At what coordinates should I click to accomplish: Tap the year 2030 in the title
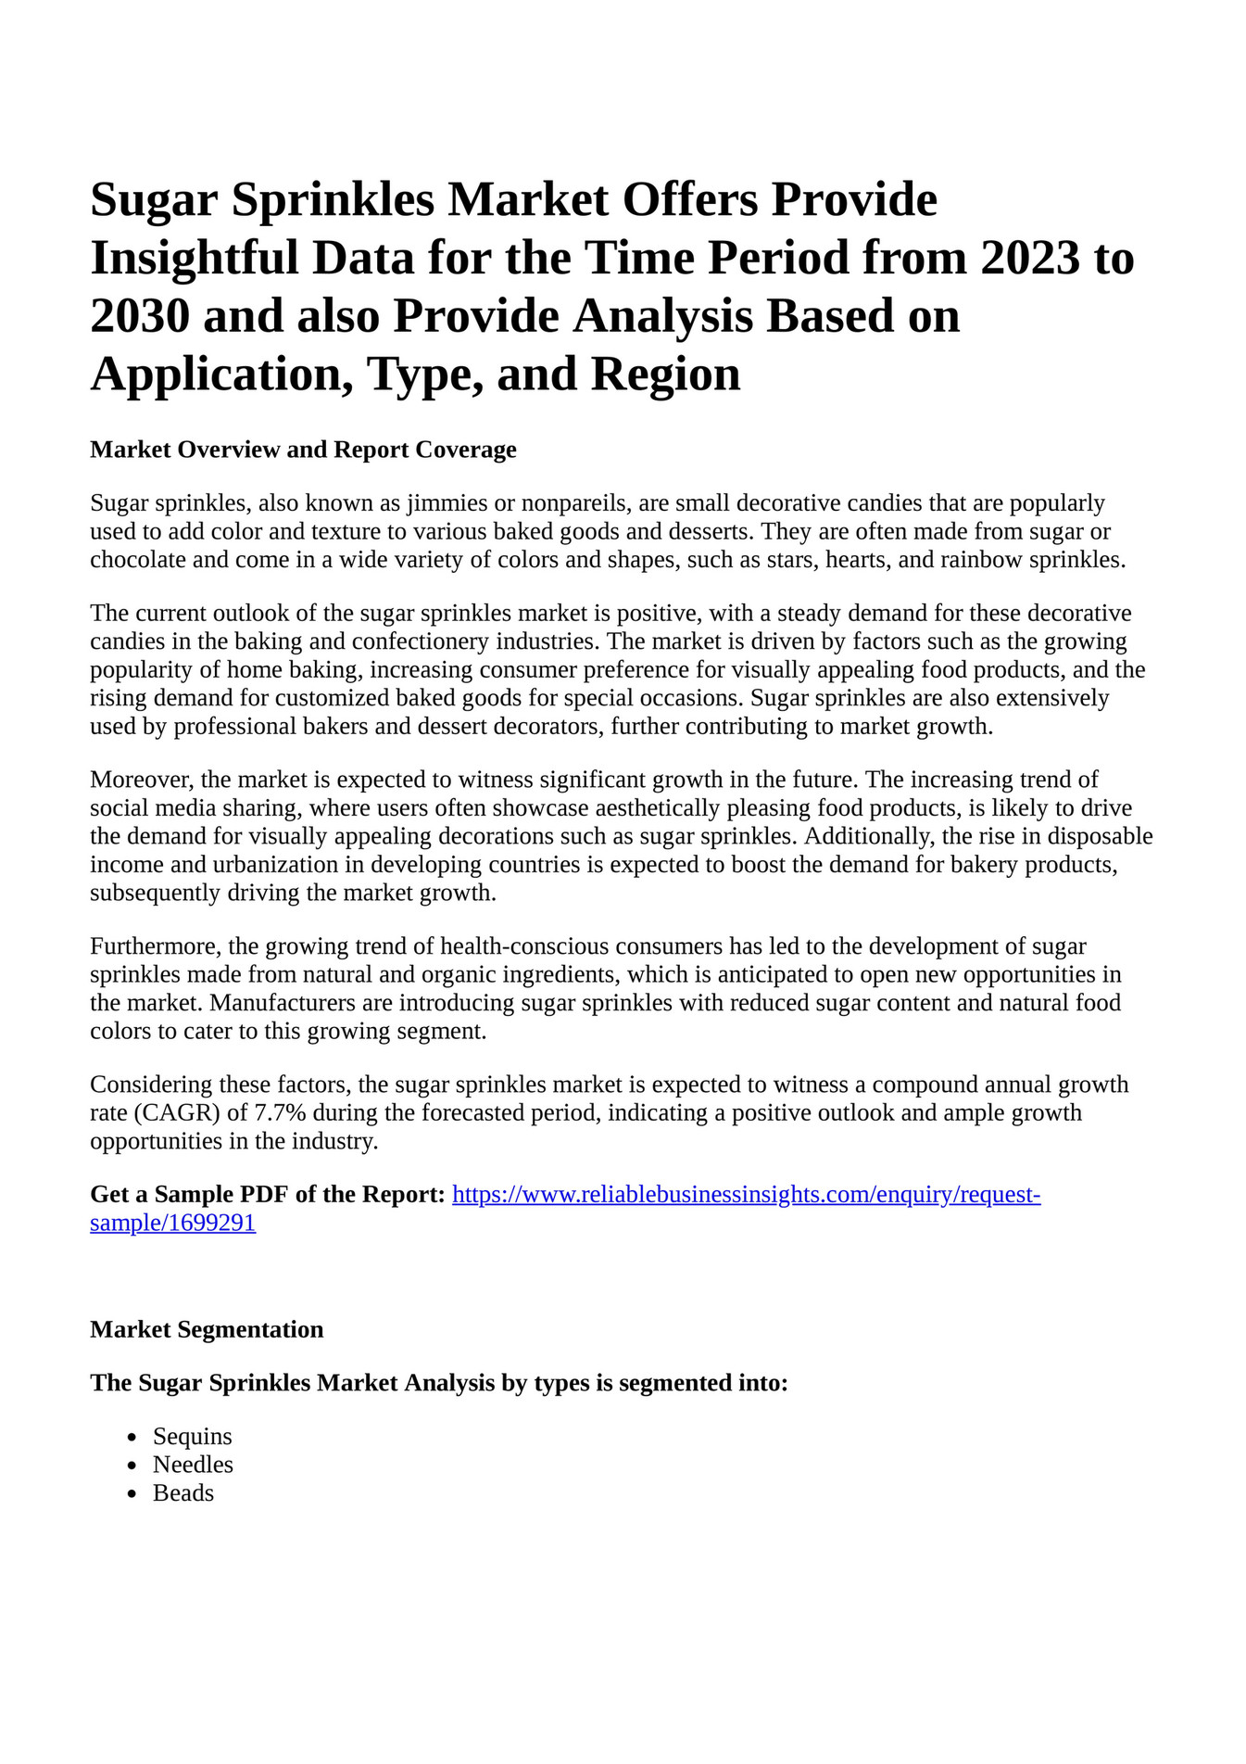pyautogui.click(x=141, y=316)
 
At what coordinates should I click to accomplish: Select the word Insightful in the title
pyautogui.click(x=195, y=258)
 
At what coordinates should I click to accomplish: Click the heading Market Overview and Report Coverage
pyautogui.click(x=303, y=450)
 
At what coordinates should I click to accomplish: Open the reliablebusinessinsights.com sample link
pyautogui.click(x=746, y=1195)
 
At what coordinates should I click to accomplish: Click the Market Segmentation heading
pyautogui.click(x=207, y=1329)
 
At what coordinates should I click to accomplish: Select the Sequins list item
pyautogui.click(x=193, y=1437)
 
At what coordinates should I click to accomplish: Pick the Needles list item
pyautogui.click(x=193, y=1465)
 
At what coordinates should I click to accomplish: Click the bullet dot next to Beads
pyautogui.click(x=133, y=1494)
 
